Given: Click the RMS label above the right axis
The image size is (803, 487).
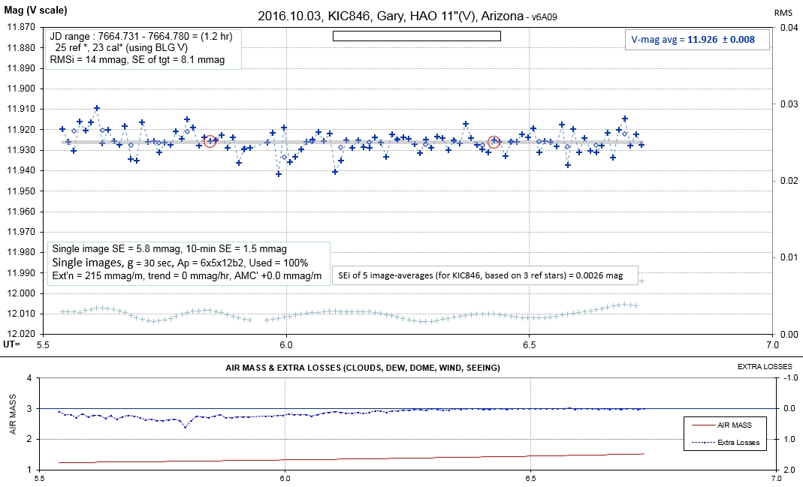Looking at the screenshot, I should point(784,13).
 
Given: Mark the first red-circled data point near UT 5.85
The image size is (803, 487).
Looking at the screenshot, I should point(210,142).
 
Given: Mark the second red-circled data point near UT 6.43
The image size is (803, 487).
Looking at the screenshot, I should point(494,142).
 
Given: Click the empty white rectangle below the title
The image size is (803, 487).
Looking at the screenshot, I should point(416,35).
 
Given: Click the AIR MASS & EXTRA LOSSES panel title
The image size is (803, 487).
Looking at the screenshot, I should point(363,368).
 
